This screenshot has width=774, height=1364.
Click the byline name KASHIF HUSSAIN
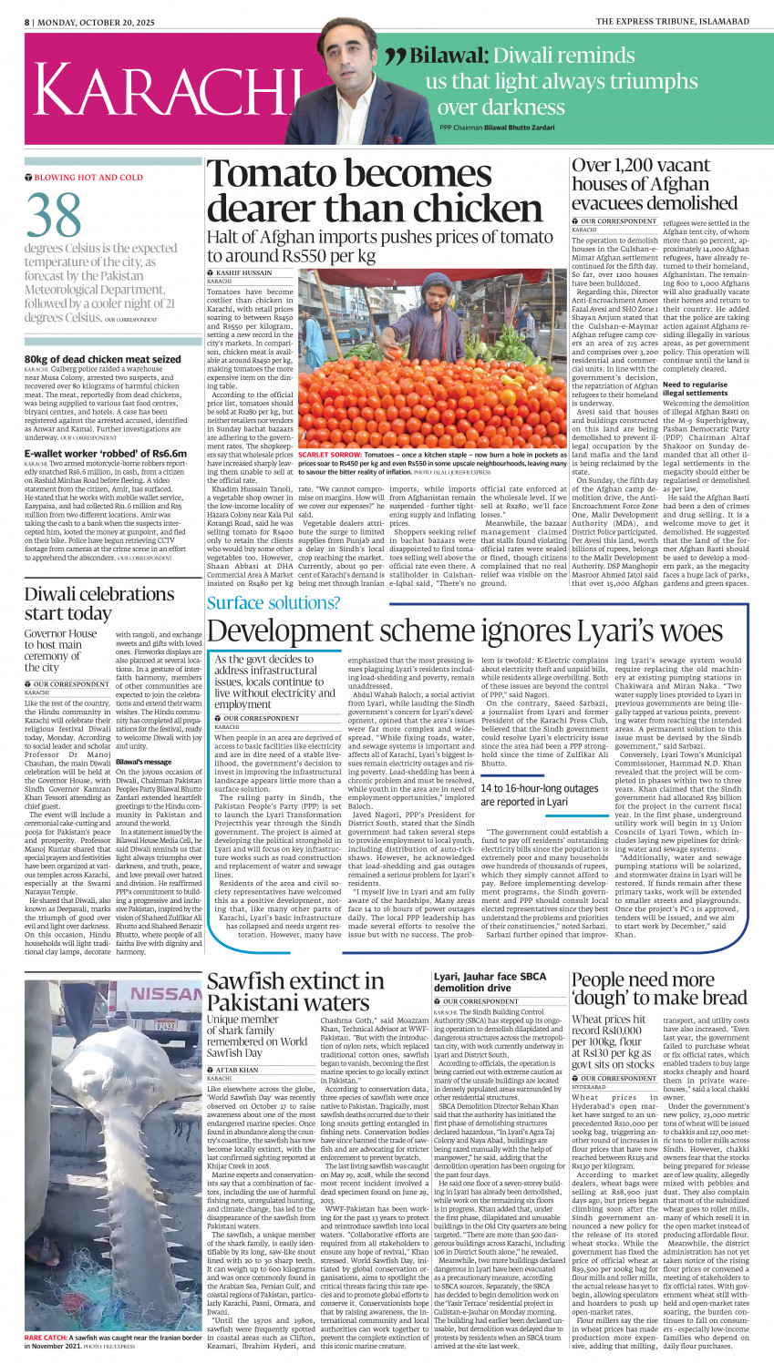pyautogui.click(x=244, y=272)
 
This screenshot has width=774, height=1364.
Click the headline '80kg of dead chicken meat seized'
pyautogui.click(x=103, y=359)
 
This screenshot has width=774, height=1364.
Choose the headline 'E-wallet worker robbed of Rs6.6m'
pyautogui.click(x=106, y=453)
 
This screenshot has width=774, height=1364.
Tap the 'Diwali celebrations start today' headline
pyautogui.click(x=99, y=603)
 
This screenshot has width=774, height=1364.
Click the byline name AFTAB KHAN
pyautogui.click(x=237, y=1070)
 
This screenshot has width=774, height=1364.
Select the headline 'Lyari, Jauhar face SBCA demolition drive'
pyautogui.click(x=490, y=981)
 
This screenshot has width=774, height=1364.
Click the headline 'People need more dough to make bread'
pyautogui.click(x=659, y=989)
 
